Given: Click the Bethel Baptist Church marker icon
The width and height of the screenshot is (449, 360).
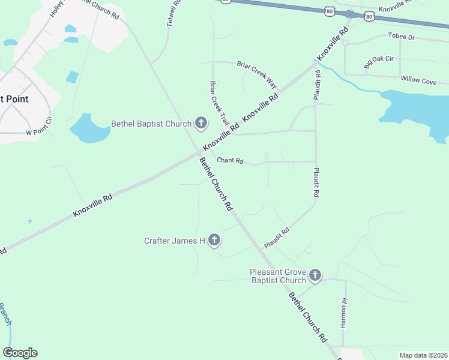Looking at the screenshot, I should click(201, 124).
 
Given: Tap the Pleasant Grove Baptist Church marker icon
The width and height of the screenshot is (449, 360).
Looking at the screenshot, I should click(315, 276).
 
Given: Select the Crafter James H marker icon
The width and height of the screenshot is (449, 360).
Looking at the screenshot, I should click(214, 241).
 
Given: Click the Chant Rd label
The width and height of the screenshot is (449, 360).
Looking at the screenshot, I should click(230, 161).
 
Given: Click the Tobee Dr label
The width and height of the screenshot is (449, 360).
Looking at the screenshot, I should click(402, 37).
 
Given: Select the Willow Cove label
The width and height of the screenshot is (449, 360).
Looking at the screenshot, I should click(418, 81).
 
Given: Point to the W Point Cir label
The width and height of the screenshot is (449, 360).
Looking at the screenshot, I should click(40, 133).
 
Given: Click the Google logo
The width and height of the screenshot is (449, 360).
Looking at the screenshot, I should click(20, 353).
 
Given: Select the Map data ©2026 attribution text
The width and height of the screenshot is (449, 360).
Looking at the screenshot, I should click(423, 355).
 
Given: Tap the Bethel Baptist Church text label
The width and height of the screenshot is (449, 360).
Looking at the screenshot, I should click(151, 124).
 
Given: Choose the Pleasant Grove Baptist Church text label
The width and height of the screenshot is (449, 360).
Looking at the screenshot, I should click(278, 276).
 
